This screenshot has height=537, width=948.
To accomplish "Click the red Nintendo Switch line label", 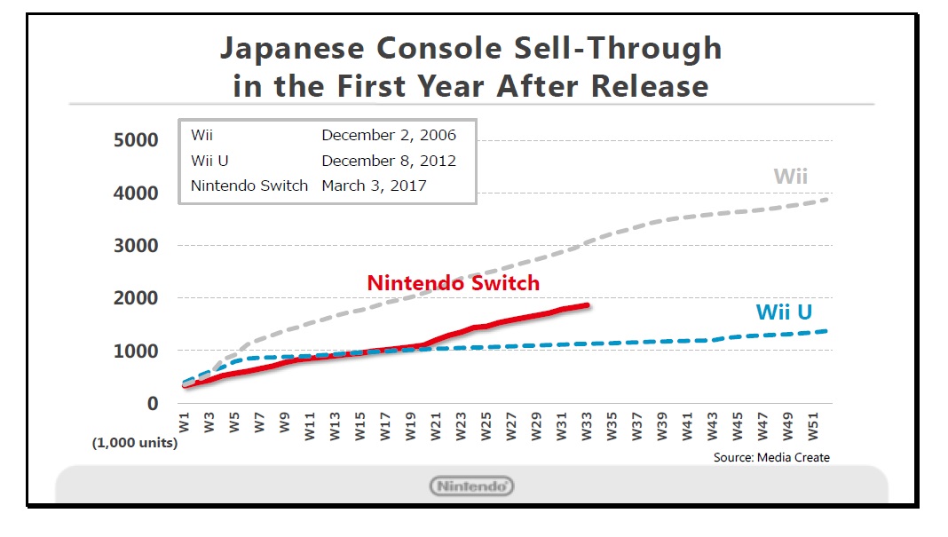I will pos(453,283).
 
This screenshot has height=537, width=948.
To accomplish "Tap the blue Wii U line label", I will pos(784,312).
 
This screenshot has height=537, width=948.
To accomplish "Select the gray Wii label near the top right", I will pos(790,176).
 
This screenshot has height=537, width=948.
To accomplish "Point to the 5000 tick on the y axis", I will pos(136,140).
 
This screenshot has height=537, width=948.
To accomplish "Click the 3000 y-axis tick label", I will pos(136,246).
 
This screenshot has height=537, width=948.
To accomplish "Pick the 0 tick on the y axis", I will pos(153,404).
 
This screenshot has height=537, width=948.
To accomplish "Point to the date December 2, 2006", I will pos(389,136).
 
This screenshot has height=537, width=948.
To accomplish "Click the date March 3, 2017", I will pos(374,186).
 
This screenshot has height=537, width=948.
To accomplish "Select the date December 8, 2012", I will pos(389,161).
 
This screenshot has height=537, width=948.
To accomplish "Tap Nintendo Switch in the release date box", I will pos(249,186).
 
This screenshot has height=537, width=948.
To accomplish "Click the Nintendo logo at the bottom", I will pos(471,486).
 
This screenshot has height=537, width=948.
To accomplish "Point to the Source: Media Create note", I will pos(771,457).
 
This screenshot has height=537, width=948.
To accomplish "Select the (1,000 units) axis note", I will pos(135,443).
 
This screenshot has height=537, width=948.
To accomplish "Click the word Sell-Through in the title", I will pos(612,49).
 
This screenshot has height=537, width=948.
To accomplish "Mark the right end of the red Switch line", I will pos(589,305).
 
